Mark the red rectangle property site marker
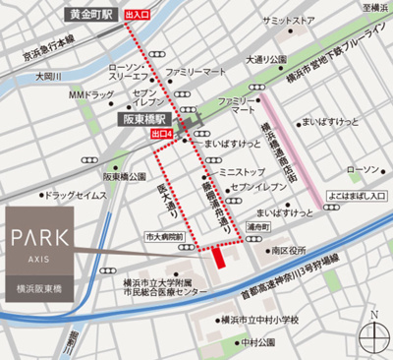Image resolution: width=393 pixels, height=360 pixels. (217, 256)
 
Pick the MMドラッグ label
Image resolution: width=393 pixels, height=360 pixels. (87, 94)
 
